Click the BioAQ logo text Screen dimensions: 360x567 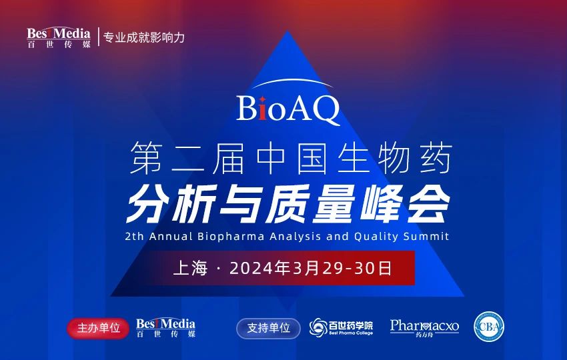point(288,109)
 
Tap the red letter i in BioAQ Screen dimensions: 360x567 point(265,109)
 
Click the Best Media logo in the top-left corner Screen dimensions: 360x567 point(59,37)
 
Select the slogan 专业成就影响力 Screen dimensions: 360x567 point(143,37)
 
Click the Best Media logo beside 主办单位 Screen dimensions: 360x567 point(165,327)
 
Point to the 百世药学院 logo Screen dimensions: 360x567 point(341,327)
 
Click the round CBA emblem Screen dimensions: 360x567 point(489,327)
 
